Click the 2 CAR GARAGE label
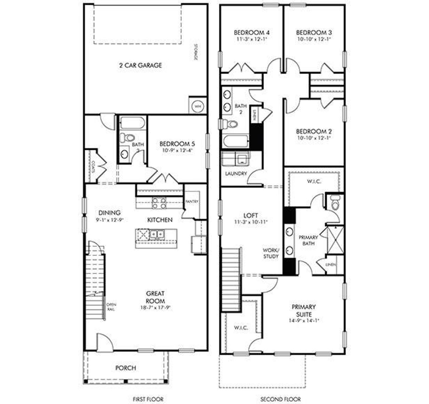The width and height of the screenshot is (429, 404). (x=140, y=65)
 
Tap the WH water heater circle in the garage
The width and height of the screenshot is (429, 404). (x=197, y=106)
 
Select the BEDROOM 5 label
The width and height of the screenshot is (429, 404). (x=177, y=144)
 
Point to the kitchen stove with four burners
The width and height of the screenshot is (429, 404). (x=159, y=203)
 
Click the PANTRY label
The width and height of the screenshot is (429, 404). (x=192, y=201)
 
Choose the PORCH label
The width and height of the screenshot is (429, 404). (x=126, y=368)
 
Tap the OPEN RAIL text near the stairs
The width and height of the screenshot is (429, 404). (x=111, y=307)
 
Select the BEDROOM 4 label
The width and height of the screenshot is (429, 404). (x=252, y=33)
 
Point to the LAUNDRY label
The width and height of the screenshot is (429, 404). (x=236, y=174)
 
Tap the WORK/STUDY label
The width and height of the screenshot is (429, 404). (x=270, y=253)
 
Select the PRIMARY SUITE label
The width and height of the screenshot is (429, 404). (x=304, y=311)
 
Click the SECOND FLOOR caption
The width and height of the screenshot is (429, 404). (x=281, y=399)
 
